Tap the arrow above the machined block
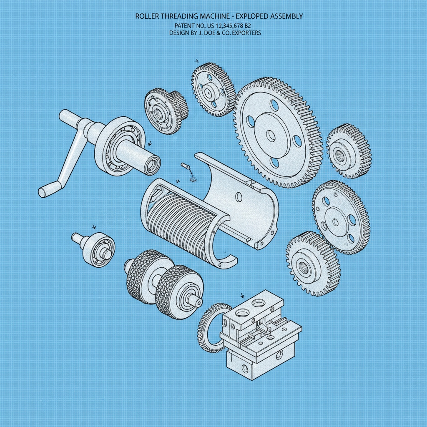[x=242, y=296]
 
